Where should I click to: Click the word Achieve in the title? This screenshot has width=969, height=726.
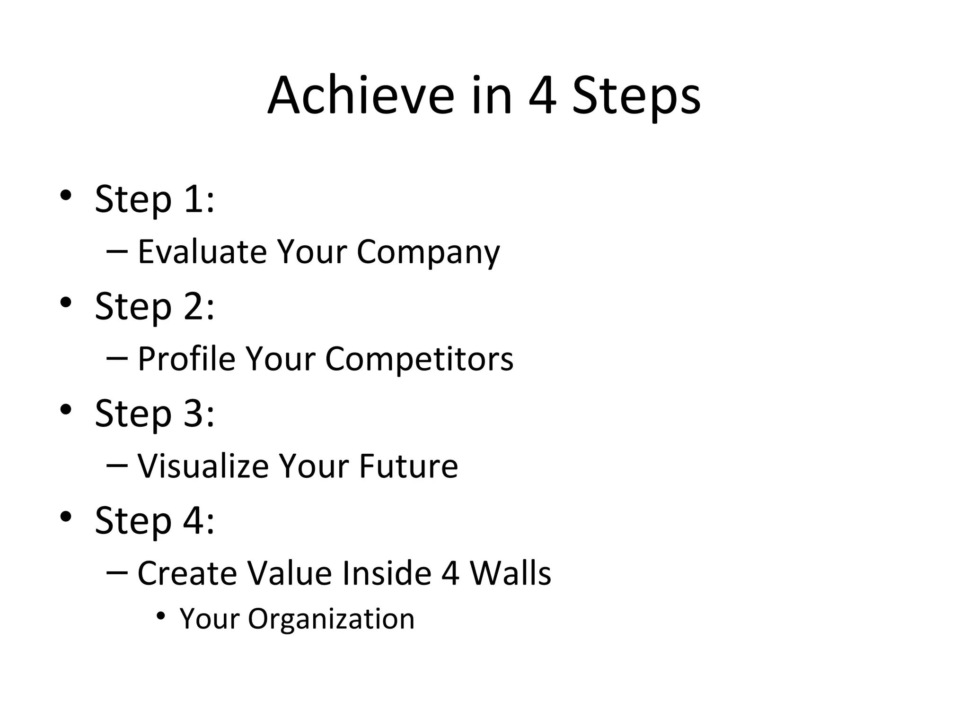pos(361,96)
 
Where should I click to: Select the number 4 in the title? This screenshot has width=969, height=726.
pos(542,96)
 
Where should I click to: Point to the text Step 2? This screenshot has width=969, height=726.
pos(155,306)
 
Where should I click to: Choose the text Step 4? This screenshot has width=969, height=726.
pos(155,520)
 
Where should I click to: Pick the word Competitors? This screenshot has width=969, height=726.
pos(419,359)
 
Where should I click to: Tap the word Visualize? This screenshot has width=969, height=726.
pos(203,466)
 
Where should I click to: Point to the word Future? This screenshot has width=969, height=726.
pos(408,466)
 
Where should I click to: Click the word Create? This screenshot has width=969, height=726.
pos(187,573)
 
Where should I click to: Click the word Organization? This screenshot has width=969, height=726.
pos(331,619)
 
